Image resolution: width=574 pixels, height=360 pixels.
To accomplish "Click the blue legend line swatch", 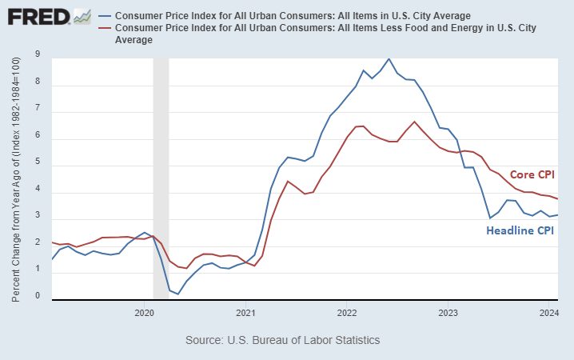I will pyautogui.click(x=104, y=16).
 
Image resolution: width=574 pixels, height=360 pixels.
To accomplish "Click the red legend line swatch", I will pyautogui.click(x=104, y=29).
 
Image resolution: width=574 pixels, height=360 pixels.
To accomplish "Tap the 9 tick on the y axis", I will pyautogui.click(x=38, y=54).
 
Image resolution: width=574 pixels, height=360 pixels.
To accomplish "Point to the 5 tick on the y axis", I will pyautogui.click(x=38, y=166).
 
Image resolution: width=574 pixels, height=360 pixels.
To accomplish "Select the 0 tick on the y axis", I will pyautogui.click(x=38, y=296).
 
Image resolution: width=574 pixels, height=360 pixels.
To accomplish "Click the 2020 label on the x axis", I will pyautogui.click(x=144, y=313).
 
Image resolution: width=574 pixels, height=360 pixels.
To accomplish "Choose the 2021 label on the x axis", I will pyautogui.click(x=245, y=313).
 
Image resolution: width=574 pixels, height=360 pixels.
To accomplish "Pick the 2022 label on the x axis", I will pyautogui.click(x=347, y=313).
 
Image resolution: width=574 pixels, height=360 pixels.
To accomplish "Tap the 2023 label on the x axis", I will pyautogui.click(x=448, y=313).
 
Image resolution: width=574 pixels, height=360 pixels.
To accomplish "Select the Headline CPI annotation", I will pyautogui.click(x=520, y=230).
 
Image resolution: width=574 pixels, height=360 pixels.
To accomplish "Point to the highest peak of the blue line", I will pyautogui.click(x=389, y=58).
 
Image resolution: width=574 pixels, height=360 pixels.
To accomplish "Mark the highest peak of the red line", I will pyautogui.click(x=414, y=122).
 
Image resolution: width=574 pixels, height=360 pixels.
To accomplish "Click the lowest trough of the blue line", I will pyautogui.click(x=177, y=294).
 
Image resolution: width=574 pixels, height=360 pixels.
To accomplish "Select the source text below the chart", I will pyautogui.click(x=282, y=340).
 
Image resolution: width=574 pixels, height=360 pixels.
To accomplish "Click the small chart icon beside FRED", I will pyautogui.click(x=81, y=15).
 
